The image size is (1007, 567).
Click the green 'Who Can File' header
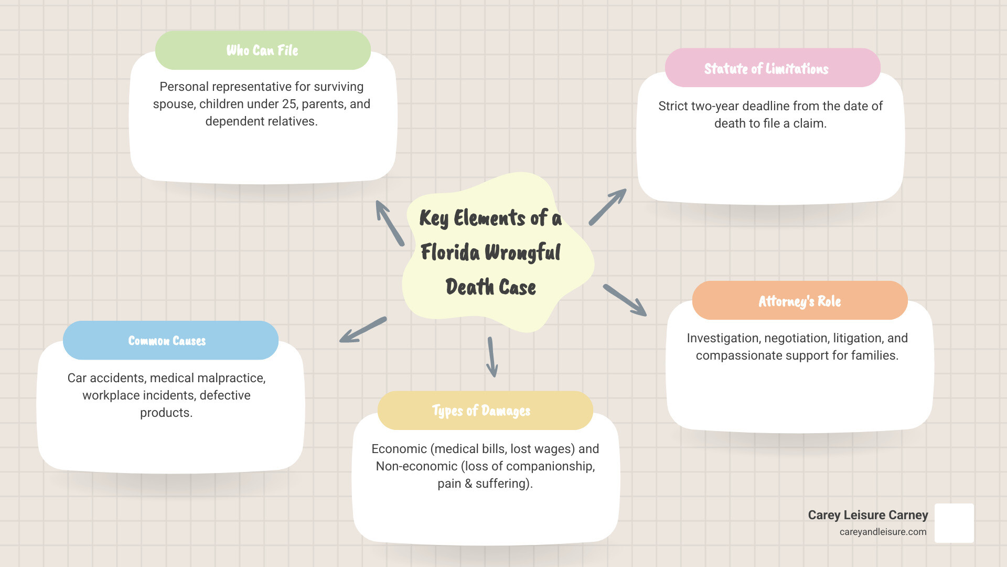(263, 50)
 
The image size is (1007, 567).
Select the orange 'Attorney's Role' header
(800, 301)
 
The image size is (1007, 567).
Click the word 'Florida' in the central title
(450, 253)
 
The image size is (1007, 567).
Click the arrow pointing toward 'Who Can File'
(390, 223)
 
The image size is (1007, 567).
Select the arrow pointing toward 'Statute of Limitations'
(607, 207)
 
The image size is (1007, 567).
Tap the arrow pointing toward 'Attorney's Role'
(625, 300)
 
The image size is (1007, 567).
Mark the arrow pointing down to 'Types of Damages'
(492, 357)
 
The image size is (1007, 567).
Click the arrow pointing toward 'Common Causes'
(363, 330)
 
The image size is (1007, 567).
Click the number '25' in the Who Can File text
(289, 104)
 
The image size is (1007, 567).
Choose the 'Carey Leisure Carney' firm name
(867, 515)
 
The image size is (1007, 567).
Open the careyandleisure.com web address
(883, 532)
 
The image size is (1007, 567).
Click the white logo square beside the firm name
(954, 523)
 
